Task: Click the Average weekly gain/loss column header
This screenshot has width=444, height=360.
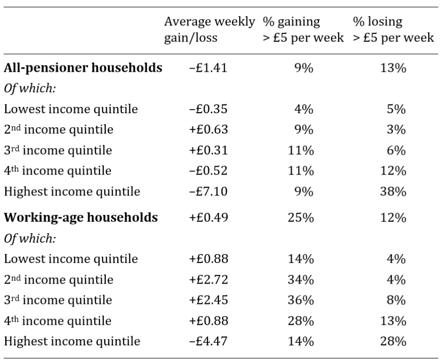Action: point(209,29)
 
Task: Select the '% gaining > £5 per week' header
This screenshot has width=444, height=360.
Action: point(303,29)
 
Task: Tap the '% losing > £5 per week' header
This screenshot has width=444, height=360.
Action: point(393,29)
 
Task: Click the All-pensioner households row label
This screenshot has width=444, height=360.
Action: point(83,68)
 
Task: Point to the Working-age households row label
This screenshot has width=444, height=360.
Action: point(81,217)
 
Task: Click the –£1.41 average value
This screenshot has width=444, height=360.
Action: point(208,68)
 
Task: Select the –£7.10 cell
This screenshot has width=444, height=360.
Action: point(208,191)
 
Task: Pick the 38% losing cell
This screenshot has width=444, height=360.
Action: point(393,191)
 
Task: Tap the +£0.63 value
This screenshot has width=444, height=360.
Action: point(208,129)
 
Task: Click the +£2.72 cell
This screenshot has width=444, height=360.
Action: point(208,280)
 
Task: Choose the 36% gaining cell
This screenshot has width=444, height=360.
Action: point(301,300)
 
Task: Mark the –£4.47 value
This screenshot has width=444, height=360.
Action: point(208,341)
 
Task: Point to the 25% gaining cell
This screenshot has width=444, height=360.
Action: point(301,217)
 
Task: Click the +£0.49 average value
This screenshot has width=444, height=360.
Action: point(208,217)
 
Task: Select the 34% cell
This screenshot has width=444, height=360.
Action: point(301,280)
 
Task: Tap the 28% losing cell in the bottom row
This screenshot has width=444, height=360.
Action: point(393,341)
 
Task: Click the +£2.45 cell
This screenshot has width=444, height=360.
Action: point(208,300)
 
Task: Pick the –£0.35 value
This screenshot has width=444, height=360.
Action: point(208,109)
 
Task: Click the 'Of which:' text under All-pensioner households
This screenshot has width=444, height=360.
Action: point(30,89)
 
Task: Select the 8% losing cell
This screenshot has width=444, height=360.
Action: point(396,300)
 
